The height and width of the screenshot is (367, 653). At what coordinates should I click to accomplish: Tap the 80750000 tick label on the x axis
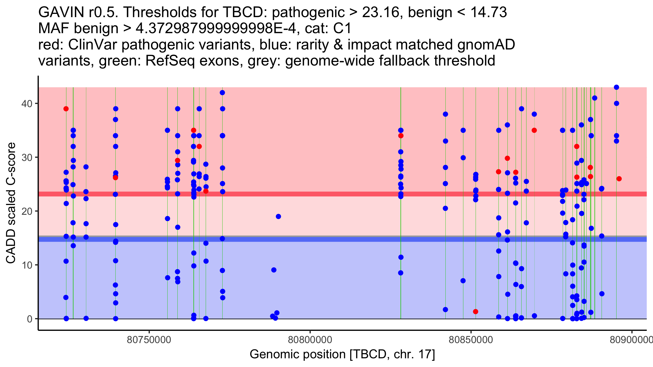[149, 340]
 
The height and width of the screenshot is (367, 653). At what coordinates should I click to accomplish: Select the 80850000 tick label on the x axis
[471, 340]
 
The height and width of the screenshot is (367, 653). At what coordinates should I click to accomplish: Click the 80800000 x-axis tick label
[310, 340]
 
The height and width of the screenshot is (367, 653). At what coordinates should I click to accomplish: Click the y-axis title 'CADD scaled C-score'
[11, 203]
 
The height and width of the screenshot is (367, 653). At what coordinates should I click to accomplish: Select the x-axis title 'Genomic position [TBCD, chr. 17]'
[342, 354]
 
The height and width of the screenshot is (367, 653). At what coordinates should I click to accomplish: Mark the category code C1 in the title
[342, 28]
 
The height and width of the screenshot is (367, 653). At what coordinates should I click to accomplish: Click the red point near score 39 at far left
[66, 109]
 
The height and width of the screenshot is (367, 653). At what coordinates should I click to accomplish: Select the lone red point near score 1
[475, 312]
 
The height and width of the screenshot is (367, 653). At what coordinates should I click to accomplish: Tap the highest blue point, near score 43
[617, 87]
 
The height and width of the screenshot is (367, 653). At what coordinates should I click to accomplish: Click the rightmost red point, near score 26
[619, 179]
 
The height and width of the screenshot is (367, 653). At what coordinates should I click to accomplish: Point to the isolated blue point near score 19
[278, 216]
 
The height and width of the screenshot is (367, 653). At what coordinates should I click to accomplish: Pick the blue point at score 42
[222, 93]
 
